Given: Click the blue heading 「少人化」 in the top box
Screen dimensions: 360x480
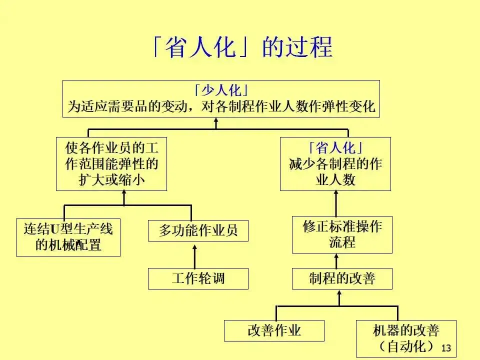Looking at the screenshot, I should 220,91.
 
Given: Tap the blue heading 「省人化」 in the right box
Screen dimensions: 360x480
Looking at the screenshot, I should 335,148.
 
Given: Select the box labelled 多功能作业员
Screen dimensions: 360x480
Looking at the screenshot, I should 198,230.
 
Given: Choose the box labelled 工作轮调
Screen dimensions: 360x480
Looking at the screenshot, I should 198,278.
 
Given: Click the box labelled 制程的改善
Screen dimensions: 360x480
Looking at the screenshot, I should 342,278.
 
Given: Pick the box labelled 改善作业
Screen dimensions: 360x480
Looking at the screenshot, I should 274,330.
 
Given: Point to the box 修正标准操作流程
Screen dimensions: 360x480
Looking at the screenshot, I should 342,234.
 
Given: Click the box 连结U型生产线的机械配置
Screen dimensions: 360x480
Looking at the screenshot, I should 68,237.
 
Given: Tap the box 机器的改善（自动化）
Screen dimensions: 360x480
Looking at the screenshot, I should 406,338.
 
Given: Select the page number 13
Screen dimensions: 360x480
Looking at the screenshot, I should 446,348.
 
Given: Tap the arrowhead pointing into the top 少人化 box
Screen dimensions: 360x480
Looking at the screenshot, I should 216,121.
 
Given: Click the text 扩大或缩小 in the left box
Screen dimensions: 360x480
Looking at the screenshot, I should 111,179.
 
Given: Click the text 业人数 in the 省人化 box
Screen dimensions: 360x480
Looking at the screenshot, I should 335,179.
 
